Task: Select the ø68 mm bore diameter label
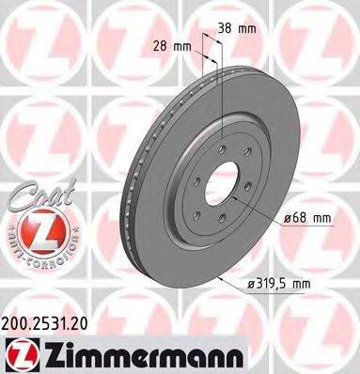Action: coord(307,219)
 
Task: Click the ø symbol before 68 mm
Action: coord(286,219)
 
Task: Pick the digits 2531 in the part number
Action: coord(49,320)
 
